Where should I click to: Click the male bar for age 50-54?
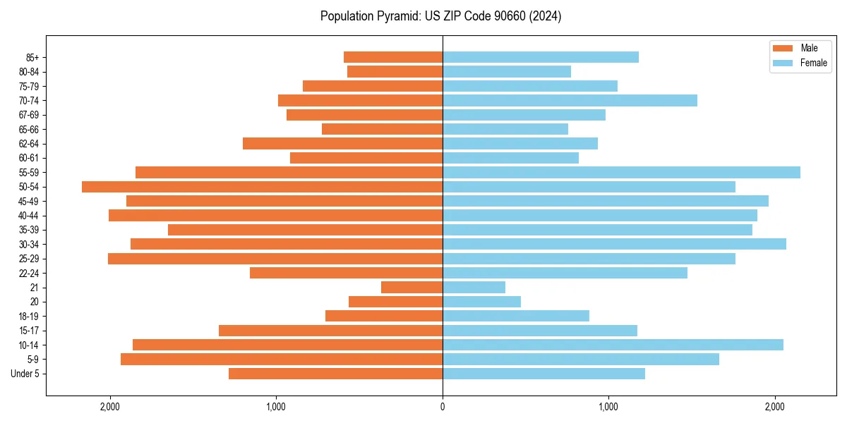[262, 187]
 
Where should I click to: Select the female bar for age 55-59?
[621, 172]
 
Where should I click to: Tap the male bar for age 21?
[412, 287]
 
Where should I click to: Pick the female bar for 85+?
[541, 57]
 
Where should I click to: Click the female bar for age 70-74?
[570, 100]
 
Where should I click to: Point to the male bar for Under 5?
[335, 374]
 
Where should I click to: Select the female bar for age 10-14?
[613, 345]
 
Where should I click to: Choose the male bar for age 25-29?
[275, 259]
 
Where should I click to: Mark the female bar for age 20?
[481, 302]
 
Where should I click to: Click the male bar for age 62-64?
[342, 143]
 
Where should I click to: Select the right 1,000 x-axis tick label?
[608, 407]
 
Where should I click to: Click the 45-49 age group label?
[28, 201]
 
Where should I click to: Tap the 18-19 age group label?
[28, 316]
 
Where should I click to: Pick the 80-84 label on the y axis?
[28, 71]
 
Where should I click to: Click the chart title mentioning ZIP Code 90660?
[441, 16]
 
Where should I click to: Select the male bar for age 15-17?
[330, 331]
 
